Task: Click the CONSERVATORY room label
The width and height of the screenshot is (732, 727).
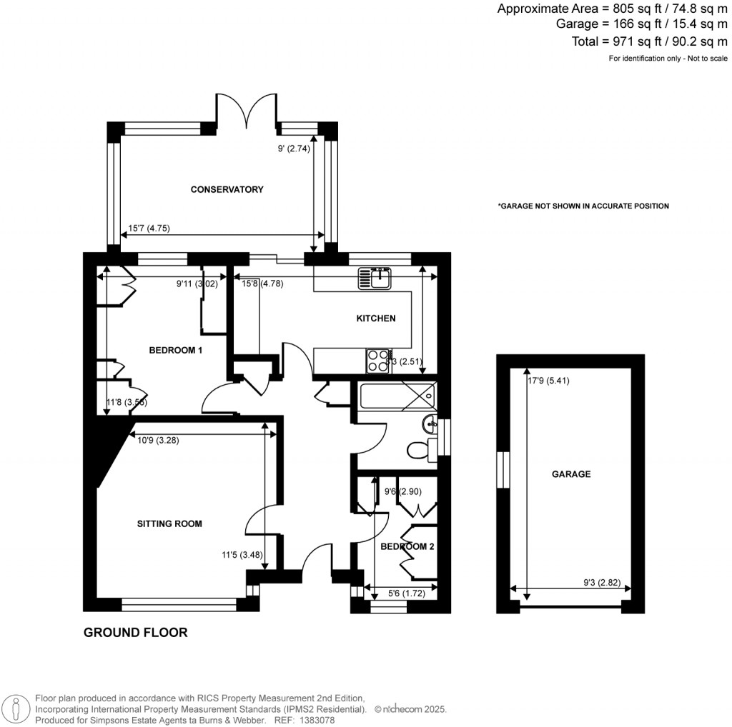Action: tap(227, 189)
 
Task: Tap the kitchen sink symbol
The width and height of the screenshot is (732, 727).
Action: tap(375, 278)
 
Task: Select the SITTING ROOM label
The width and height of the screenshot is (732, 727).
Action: tap(169, 523)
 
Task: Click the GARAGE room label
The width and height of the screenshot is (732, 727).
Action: tap(571, 473)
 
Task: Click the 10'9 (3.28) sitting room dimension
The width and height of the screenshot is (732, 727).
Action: tap(158, 441)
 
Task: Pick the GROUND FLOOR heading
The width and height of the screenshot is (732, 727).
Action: tap(136, 632)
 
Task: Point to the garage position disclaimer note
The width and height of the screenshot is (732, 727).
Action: tap(583, 206)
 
